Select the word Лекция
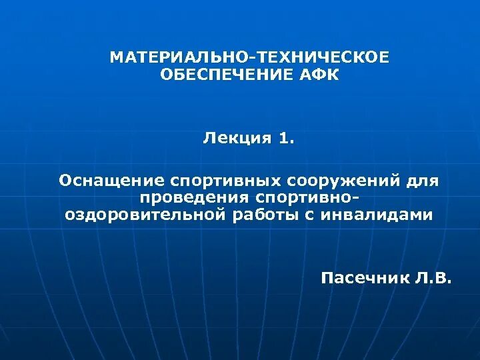pos(237,139)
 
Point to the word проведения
pos(191,198)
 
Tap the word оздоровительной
pos(143,215)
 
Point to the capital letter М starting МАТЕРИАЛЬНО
pos(116,58)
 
